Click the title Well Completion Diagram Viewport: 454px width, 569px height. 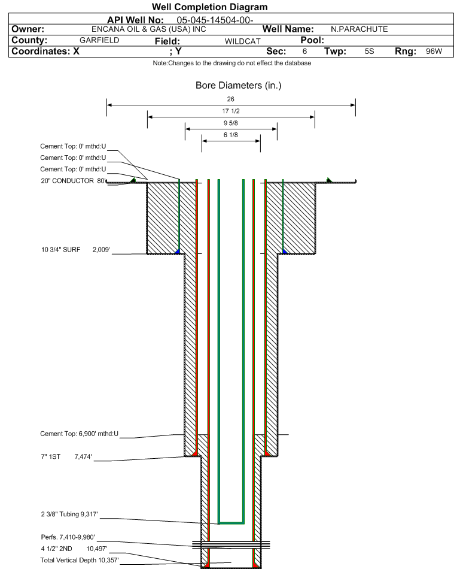pos(209,7)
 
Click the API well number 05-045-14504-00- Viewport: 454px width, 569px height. pos(203,20)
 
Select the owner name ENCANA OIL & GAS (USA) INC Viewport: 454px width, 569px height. pos(149,29)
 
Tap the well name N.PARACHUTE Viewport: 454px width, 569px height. pos(359,29)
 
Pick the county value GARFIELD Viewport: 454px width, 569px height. pos(99,40)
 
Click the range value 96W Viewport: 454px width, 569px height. pos(434,52)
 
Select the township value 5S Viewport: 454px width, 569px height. pos(369,52)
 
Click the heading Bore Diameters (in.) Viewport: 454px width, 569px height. pos(238,86)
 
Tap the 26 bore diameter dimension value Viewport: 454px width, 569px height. pos(231,99)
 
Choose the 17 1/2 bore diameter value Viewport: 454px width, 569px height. pos(231,111)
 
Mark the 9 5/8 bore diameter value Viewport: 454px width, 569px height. pos(231,123)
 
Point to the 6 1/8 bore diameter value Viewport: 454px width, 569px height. pos(231,135)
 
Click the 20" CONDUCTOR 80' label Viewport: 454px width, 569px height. pos(72,180)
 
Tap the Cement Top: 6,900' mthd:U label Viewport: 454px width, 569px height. pos(80,434)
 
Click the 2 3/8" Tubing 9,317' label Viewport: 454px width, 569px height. pos(69,514)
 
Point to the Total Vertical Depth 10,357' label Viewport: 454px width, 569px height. pos(80,559)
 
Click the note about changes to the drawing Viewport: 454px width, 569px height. pos(232,63)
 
